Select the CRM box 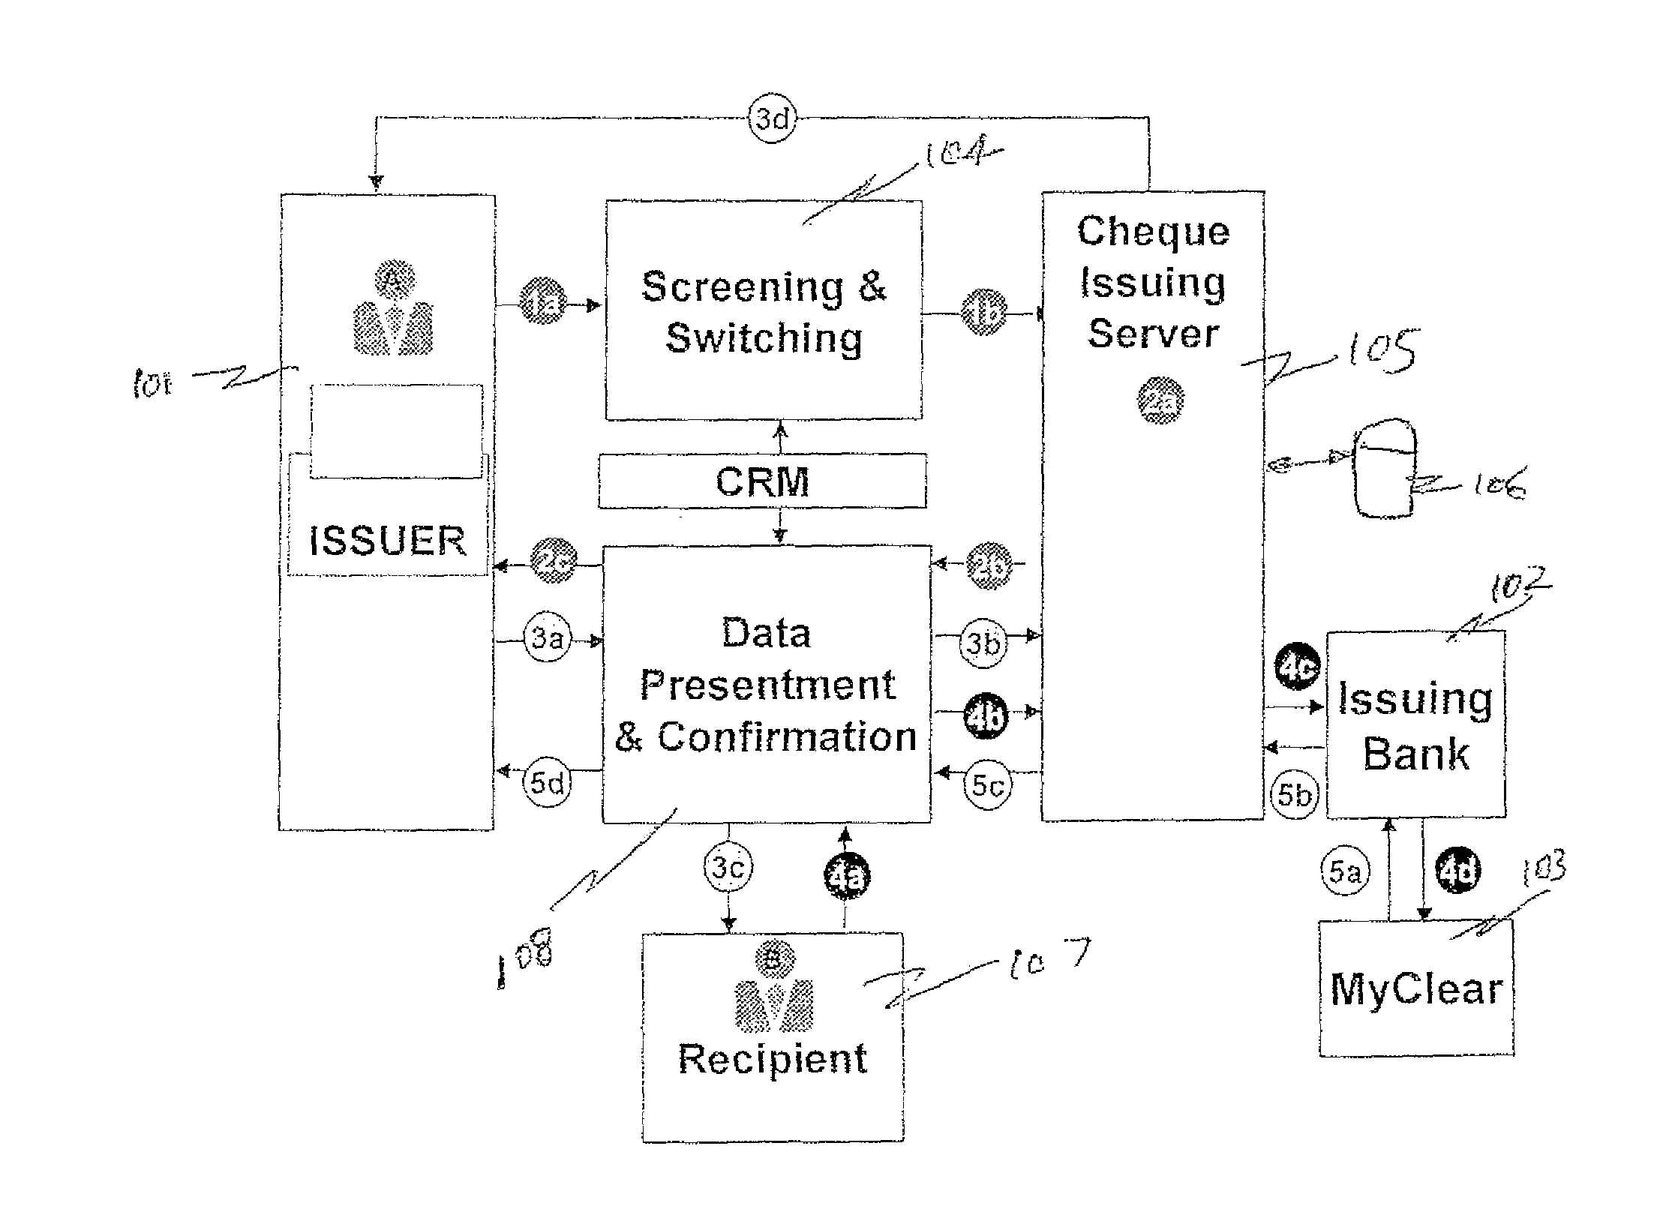762,481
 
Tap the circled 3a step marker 548,640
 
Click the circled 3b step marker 983,643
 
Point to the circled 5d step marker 548,784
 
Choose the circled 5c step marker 987,786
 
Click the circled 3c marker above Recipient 728,868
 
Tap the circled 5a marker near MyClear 1344,872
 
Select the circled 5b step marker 1294,794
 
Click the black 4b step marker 985,715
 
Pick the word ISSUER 387,541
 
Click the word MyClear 1416,989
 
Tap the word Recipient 773,1059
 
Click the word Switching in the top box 764,337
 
